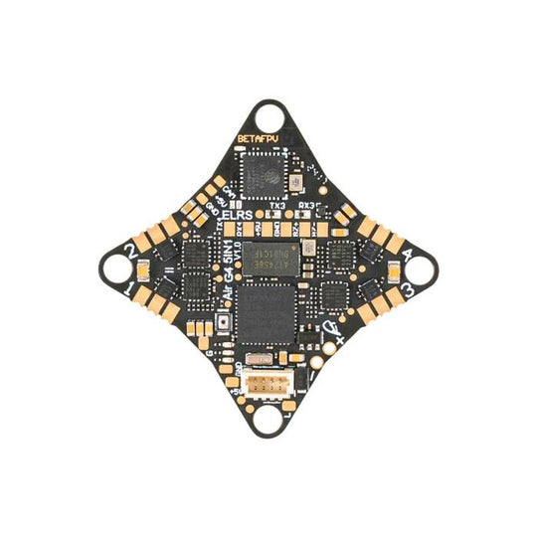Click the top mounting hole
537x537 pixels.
pyautogui.click(x=268, y=116)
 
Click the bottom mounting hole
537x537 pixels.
pyautogui.click(x=268, y=419)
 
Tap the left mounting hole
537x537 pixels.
pyautogui.click(x=117, y=268)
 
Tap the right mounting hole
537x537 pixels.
pyautogui.click(x=418, y=268)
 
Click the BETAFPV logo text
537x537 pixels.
pyautogui.click(x=257, y=138)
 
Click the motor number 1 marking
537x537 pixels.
pyautogui.click(x=130, y=289)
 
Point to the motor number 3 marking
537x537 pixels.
pyautogui.click(x=408, y=289)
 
